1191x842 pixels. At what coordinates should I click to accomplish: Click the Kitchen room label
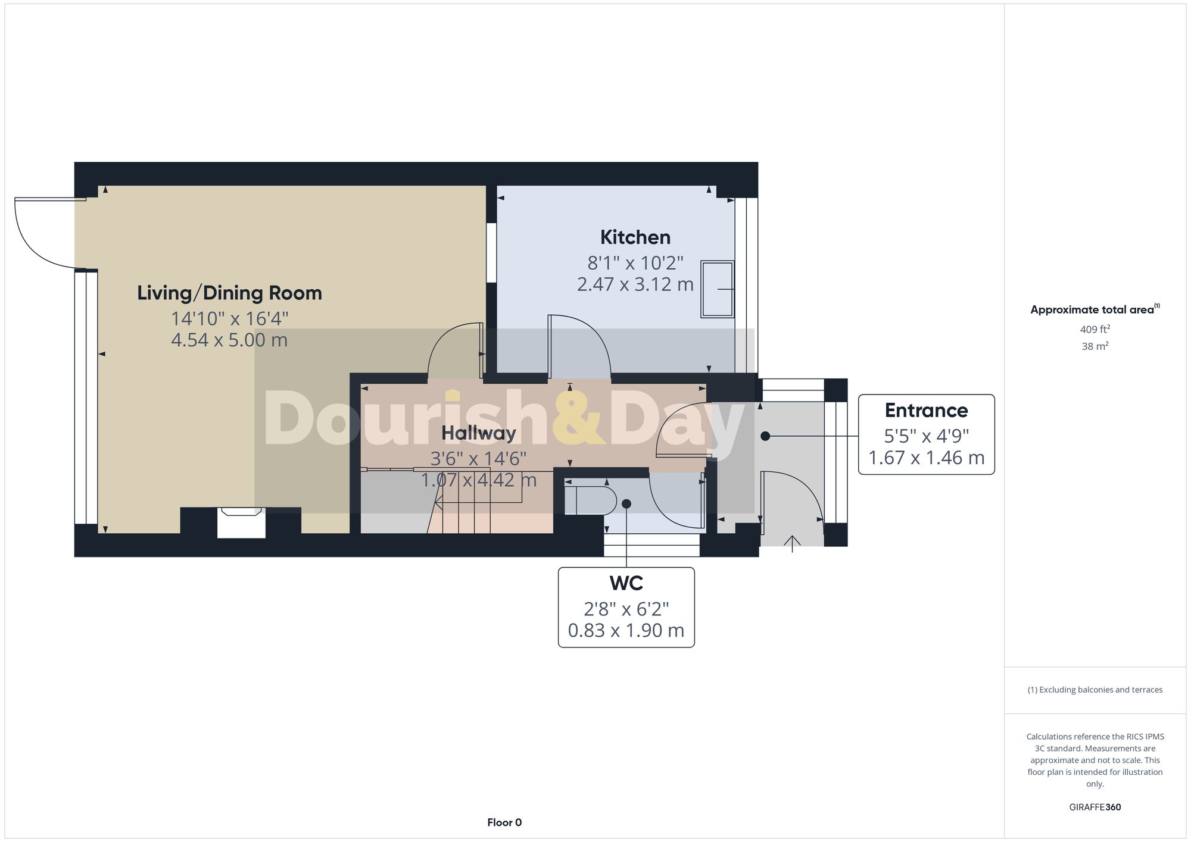click(635, 237)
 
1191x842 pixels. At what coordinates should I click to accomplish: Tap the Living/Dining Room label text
click(229, 293)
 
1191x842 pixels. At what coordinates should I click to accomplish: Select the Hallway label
click(478, 433)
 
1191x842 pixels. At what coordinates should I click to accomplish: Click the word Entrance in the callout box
click(926, 411)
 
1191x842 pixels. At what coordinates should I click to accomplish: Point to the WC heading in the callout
click(626, 583)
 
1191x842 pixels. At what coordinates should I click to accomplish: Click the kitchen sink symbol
click(717, 289)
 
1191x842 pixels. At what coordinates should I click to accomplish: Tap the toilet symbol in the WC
click(590, 500)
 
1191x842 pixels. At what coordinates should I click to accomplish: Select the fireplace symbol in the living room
click(241, 522)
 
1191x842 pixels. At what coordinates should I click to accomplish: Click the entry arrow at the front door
click(792, 542)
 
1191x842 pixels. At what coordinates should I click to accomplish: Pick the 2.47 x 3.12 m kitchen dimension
click(635, 284)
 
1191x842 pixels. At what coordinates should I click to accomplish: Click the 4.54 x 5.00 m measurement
click(229, 340)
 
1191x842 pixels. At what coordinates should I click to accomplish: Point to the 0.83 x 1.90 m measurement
click(626, 630)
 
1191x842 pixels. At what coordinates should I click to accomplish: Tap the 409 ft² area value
click(1095, 329)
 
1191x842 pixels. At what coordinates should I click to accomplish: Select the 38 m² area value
click(1095, 346)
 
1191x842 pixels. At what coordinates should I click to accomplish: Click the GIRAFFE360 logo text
click(1095, 807)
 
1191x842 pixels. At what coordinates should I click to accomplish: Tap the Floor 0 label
click(504, 822)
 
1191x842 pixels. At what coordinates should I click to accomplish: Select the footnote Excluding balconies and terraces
click(1095, 690)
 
